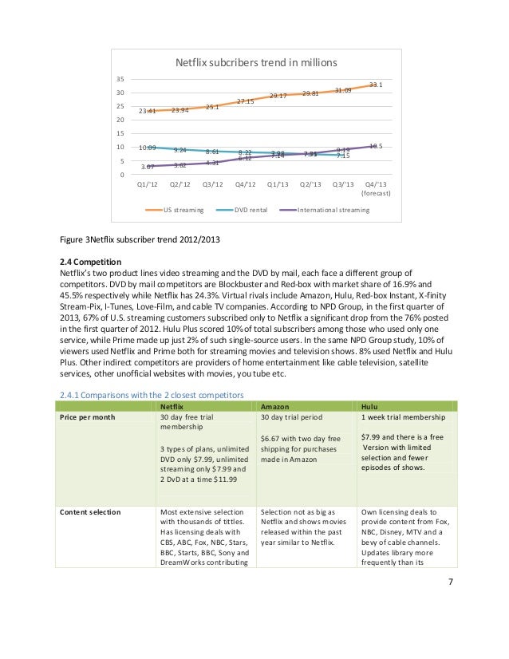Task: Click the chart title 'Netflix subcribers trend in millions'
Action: (x=256, y=62)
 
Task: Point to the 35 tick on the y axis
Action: (x=119, y=80)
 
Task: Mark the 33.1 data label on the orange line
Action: (x=377, y=84)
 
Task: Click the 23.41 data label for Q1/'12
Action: (x=147, y=111)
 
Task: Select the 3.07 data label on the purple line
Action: (x=147, y=167)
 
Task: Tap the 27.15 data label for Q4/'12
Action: (x=245, y=101)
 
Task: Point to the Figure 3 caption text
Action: (x=140, y=239)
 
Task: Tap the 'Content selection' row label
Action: (x=89, y=511)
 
